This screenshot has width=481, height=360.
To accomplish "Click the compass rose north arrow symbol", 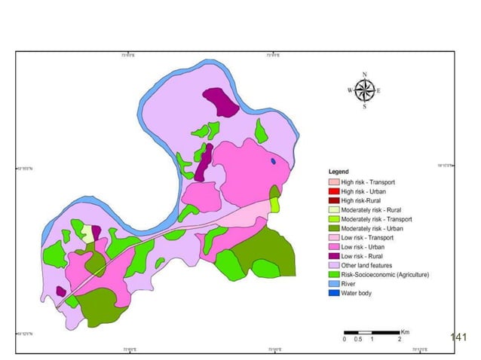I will pyautogui.click(x=364, y=90).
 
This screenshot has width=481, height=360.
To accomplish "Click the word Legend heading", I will pyautogui.click(x=339, y=172).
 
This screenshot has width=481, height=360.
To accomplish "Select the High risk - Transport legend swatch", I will pyautogui.click(x=333, y=182).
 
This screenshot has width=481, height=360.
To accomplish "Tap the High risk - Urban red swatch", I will pyautogui.click(x=333, y=191).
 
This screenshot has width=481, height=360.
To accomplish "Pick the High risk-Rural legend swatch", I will pyautogui.click(x=333, y=200).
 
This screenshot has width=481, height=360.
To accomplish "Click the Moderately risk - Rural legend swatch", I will pyautogui.click(x=333, y=209).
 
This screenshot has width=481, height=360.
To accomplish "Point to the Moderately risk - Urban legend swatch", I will pyautogui.click(x=333, y=228).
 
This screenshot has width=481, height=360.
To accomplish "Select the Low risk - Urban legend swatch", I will pyautogui.click(x=333, y=246).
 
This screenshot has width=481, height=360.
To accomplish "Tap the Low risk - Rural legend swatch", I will pyautogui.click(x=333, y=256).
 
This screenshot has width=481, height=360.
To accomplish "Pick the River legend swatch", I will pyautogui.click(x=333, y=284).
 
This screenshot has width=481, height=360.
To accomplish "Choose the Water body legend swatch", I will pyautogui.click(x=333, y=293).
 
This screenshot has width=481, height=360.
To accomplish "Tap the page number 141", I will pyautogui.click(x=458, y=337).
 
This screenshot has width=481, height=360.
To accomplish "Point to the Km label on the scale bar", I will pyautogui.click(x=405, y=332).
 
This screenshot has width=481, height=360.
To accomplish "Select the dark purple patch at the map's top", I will pyautogui.click(x=221, y=102).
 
